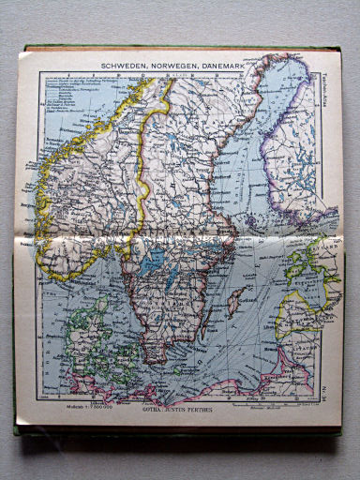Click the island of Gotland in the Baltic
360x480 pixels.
coord(238,302)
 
